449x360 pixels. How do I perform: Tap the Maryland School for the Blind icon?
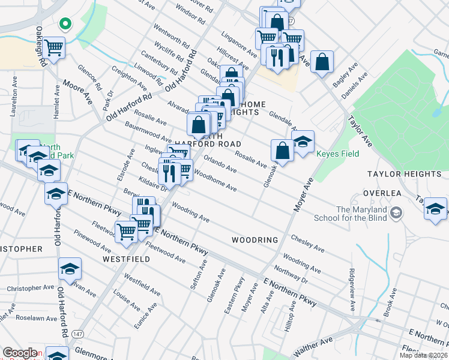(396, 213)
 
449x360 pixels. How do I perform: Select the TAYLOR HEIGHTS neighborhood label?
(405, 174)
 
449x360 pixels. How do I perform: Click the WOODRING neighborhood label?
(255, 240)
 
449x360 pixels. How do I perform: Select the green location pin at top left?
(65, 25)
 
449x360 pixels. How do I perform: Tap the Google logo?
(20, 353)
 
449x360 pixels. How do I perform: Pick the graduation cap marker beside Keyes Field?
(303, 142)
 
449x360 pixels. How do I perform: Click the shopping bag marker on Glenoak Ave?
(282, 150)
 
